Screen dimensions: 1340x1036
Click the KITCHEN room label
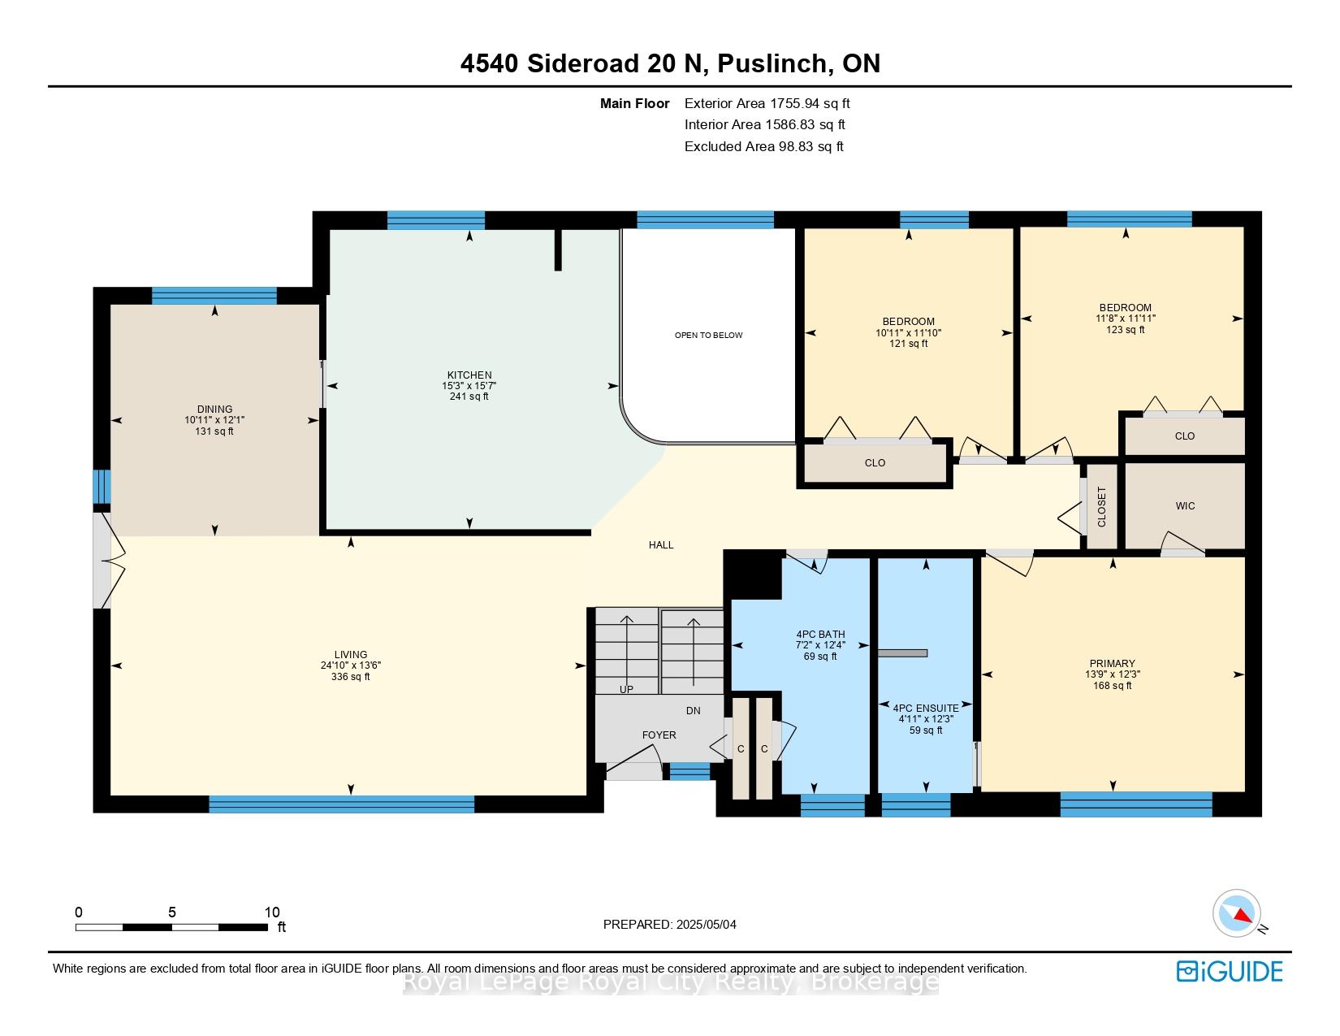pos(469,375)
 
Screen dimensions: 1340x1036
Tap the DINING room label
pos(214,409)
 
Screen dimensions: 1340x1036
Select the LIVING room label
pos(351,655)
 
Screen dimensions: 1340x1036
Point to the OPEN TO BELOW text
pos(708,335)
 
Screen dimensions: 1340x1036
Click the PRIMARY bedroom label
pos(1113,664)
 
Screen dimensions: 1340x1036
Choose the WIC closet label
pos(1185,506)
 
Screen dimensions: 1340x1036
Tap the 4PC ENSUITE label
pos(926,709)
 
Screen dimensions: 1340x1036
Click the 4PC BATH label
pos(820,635)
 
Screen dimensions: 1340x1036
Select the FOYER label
pos(659,735)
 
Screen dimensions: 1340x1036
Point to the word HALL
pos(661,545)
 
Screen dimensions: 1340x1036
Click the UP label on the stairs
pos(626,689)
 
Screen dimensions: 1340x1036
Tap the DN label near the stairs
pos(693,711)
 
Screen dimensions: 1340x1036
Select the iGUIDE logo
pos(1230,971)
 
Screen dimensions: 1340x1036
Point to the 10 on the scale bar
pos(272,912)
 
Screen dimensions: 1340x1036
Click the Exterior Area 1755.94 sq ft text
pos(767,104)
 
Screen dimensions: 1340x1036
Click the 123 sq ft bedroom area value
pos(1126,330)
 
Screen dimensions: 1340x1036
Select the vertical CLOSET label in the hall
pos(1102,507)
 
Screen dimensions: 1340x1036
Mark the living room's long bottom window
pos(342,804)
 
